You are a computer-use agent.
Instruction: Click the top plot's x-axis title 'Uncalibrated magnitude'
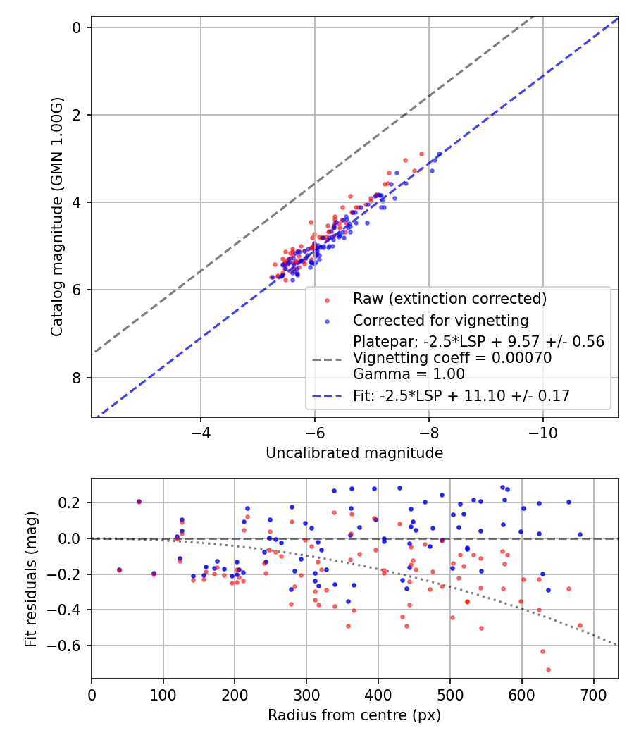(354, 453)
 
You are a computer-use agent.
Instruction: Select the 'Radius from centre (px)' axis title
(354, 715)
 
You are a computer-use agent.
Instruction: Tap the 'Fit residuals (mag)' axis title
(30, 579)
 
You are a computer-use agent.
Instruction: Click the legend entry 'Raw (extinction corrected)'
(449, 299)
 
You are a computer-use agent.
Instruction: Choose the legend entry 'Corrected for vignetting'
(441, 321)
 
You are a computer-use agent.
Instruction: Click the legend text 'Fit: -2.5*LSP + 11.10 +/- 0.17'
(461, 397)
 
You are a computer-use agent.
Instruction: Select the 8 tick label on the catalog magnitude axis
(76, 378)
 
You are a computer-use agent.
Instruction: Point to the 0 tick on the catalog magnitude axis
(76, 27)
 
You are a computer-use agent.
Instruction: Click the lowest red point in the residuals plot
(548, 670)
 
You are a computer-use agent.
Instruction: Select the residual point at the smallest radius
(119, 569)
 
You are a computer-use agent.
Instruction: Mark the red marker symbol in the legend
(326, 300)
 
